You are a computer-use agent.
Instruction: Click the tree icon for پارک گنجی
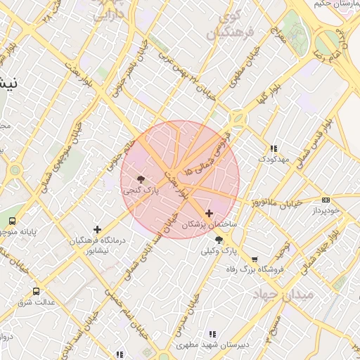point(141,179)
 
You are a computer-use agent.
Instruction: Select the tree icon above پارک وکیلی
point(219,240)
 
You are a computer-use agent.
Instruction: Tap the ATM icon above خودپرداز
point(326,200)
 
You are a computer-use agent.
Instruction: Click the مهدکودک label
point(274,160)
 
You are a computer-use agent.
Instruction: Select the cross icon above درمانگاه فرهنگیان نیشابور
point(97,229)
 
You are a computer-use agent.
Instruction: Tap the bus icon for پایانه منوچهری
point(13,221)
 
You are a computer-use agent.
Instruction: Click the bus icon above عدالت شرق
point(36,291)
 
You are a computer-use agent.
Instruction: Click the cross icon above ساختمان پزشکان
point(209,212)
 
